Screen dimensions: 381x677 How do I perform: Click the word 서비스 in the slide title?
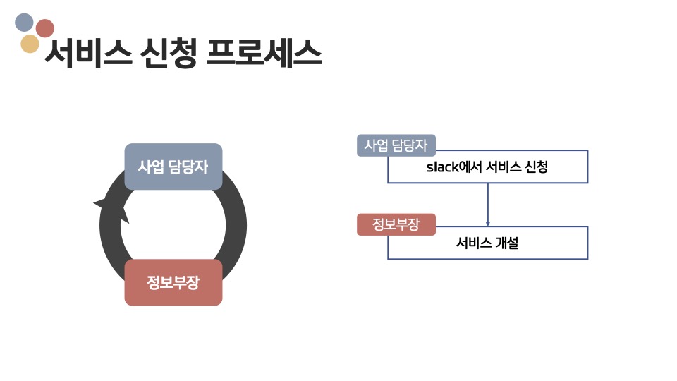(87, 53)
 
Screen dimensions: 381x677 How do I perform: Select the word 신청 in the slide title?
(168, 53)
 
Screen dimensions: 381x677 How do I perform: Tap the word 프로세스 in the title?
(264, 53)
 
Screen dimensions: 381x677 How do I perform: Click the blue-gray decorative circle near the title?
(24, 23)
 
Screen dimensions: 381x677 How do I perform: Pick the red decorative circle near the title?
(45, 28)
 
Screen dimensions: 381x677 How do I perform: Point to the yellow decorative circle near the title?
(30, 44)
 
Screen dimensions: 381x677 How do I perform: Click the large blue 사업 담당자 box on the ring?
(173, 167)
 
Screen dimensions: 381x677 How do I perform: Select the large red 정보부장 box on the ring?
(173, 282)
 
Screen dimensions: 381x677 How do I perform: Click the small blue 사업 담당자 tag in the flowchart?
(396, 145)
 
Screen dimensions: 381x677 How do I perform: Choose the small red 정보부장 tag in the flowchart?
(396, 224)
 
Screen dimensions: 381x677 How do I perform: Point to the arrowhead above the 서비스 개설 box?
(488, 222)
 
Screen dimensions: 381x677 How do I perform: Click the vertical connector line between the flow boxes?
(488, 201)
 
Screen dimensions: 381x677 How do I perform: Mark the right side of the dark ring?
(236, 226)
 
